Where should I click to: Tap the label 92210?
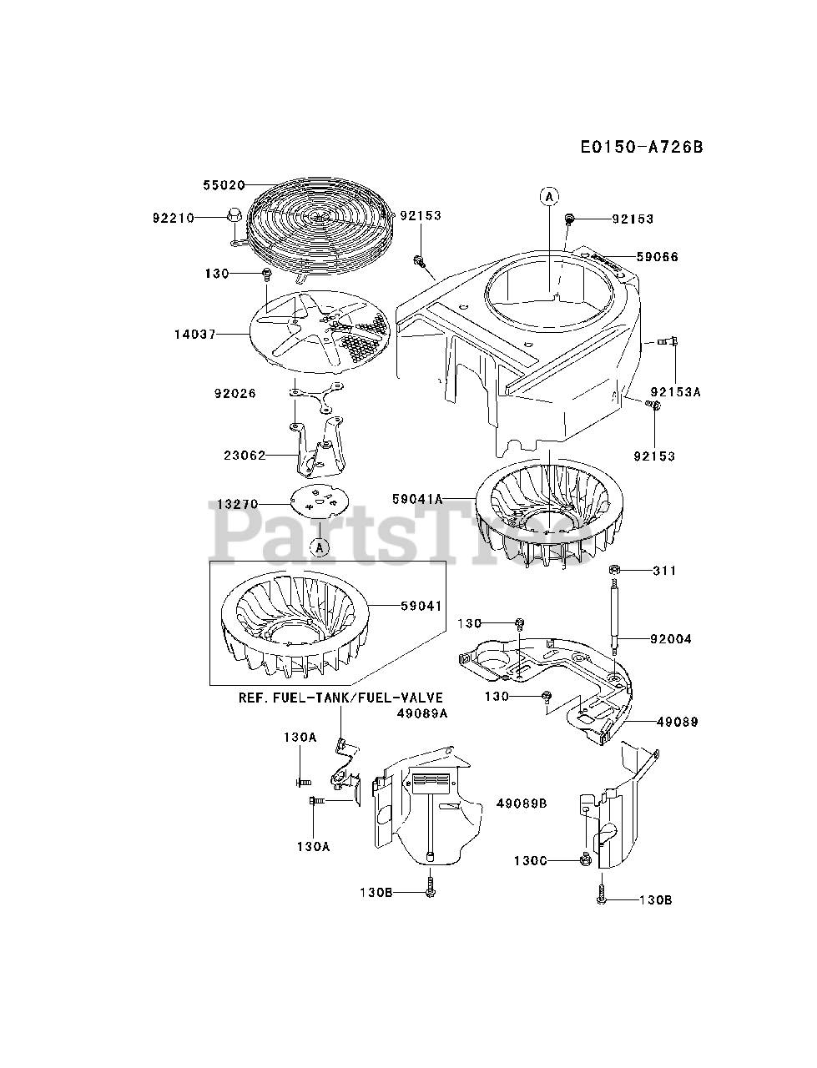pyautogui.click(x=173, y=218)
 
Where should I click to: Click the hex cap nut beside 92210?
pyautogui.click(x=234, y=216)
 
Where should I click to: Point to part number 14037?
pyautogui.click(x=194, y=334)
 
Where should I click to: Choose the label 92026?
pyautogui.click(x=235, y=393)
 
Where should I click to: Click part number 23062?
pyautogui.click(x=245, y=456)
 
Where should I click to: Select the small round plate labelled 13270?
pyautogui.click(x=317, y=503)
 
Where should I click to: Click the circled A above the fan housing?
pyautogui.click(x=548, y=197)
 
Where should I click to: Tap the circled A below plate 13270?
pyautogui.click(x=319, y=547)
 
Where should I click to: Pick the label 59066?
pyautogui.click(x=657, y=257)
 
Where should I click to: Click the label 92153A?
pyautogui.click(x=674, y=392)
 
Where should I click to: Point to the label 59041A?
pyautogui.click(x=416, y=498)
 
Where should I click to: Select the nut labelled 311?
pyautogui.click(x=613, y=570)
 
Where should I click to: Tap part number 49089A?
pyautogui.click(x=421, y=713)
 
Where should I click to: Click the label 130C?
pyautogui.click(x=530, y=860)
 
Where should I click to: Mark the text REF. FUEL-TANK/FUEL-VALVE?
pyautogui.click(x=340, y=698)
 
